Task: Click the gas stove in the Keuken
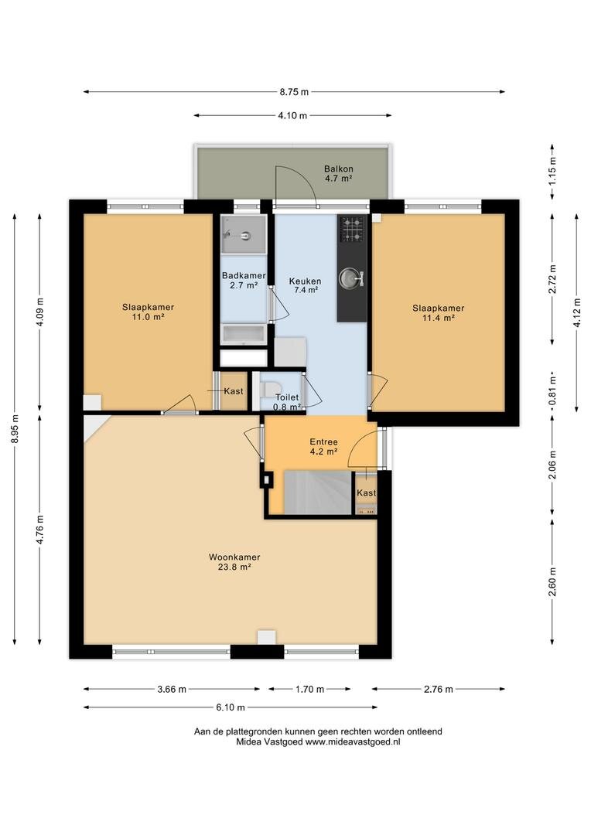352,229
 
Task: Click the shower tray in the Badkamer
244,235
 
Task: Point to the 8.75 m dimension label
294,91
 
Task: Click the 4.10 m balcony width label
292,115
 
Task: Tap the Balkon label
338,169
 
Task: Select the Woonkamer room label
234,557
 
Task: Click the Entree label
323,441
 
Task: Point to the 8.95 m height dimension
15,428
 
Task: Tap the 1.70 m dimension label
309,689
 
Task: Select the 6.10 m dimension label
231,707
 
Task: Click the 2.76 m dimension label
439,689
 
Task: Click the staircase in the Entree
318,492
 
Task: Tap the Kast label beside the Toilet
234,391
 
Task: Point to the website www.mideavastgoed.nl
353,741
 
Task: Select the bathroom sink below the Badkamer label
244,335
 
